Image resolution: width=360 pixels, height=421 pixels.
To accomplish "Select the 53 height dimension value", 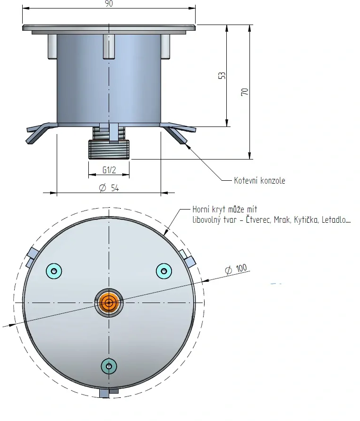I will [222, 76].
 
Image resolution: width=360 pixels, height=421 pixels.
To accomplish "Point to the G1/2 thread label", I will [110, 170].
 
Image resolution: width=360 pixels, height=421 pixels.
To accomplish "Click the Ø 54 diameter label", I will [109, 188].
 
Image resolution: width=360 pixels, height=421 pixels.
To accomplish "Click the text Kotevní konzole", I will [259, 181].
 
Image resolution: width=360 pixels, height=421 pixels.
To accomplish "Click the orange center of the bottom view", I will [109, 303].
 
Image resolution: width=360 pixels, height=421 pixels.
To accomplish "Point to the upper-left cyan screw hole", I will [54, 270].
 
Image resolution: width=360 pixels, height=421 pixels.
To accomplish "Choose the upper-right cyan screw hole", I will [164, 270].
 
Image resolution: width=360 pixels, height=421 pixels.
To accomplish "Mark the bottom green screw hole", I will [109, 366].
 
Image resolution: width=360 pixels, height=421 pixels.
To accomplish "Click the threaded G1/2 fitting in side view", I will [109, 149].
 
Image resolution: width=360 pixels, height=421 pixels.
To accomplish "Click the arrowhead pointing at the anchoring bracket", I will [188, 145].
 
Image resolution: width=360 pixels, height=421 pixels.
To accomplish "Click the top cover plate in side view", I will [109, 27].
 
